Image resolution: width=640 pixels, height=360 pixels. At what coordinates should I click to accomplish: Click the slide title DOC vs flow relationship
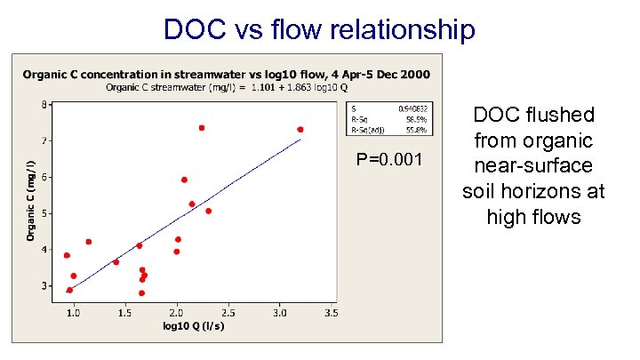(x=320, y=29)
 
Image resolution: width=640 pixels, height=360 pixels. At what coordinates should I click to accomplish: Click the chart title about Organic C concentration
(x=226, y=73)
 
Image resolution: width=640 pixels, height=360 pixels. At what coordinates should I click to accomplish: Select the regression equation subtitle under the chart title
(x=226, y=87)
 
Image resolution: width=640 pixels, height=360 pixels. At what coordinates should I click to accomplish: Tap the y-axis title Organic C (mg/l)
(x=31, y=200)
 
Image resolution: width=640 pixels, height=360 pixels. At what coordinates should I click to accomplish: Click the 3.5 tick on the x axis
(x=331, y=313)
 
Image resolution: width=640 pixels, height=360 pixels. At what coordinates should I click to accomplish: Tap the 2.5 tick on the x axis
(x=228, y=313)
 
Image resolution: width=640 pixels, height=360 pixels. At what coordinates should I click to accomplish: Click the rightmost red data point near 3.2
(x=300, y=130)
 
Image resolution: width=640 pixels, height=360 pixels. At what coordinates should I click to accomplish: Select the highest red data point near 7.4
(x=202, y=128)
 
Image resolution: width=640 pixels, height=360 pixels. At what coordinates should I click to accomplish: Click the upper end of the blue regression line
(x=300, y=140)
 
